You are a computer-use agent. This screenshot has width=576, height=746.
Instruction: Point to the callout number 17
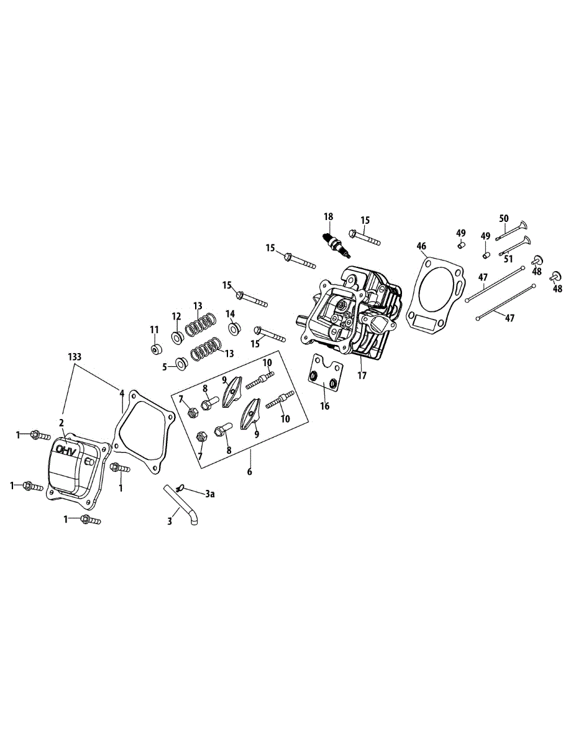coord(362,376)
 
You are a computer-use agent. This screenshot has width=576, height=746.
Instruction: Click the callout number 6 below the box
coord(250,472)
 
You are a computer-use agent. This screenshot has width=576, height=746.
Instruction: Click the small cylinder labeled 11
coord(155,348)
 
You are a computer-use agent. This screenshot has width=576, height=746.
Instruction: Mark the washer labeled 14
coord(234,328)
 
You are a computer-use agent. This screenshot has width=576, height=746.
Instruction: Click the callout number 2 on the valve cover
coord(62,423)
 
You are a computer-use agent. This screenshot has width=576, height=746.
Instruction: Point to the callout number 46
coord(422,246)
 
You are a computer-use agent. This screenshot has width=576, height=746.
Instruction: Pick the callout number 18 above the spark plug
coord(328,216)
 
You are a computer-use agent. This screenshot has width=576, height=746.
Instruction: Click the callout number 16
coord(325,406)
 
